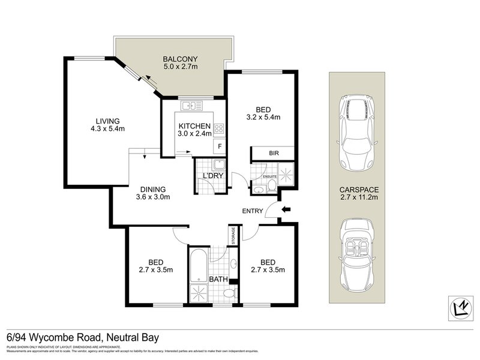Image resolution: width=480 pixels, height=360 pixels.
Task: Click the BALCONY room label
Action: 180,59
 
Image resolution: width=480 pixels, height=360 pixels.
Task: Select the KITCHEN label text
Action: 194,126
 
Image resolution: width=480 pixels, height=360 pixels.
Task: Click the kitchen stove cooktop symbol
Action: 219,128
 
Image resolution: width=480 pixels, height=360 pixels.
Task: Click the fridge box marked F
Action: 220,146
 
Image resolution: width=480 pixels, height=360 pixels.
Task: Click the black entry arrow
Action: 286,209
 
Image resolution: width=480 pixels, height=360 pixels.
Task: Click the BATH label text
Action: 218,280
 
